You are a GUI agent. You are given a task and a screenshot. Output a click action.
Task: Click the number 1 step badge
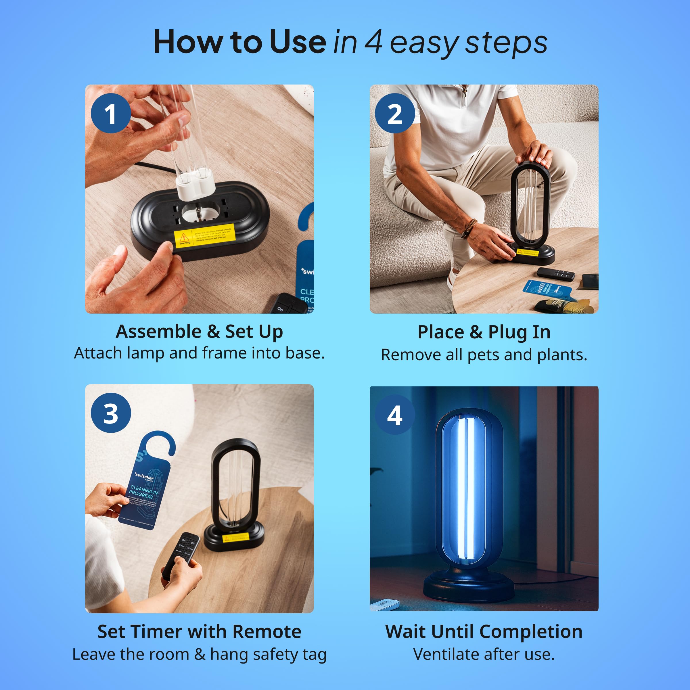click(x=111, y=114)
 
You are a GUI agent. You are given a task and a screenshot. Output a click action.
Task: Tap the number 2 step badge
click(x=395, y=114)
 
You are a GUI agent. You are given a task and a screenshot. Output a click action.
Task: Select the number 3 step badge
click(x=111, y=413)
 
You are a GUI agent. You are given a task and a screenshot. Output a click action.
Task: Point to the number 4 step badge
click(x=395, y=415)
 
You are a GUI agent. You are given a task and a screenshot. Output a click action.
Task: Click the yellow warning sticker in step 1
click(x=205, y=235)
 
